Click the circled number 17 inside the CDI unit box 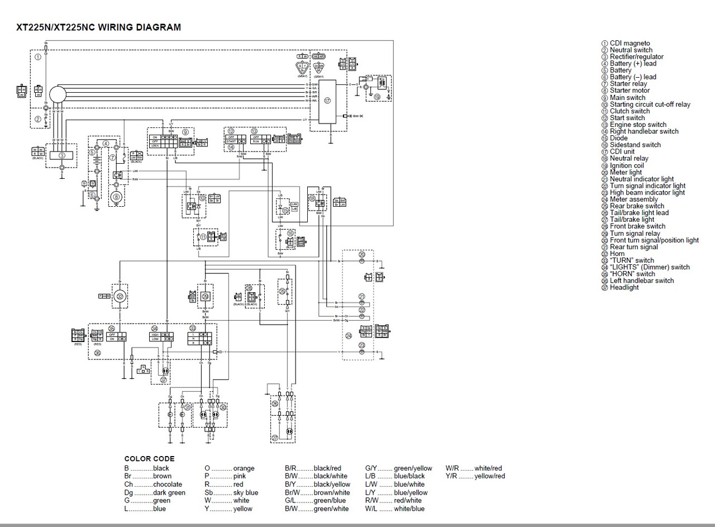327,101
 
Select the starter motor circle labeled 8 117,197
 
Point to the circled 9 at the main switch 185,131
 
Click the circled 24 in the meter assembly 349,335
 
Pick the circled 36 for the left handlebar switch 98,353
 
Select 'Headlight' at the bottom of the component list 624,287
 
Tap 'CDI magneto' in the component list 629,43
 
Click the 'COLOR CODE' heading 149,459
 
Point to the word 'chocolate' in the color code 168,485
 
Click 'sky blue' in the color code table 245,492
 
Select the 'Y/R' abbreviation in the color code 451,476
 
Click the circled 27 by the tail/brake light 163,379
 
